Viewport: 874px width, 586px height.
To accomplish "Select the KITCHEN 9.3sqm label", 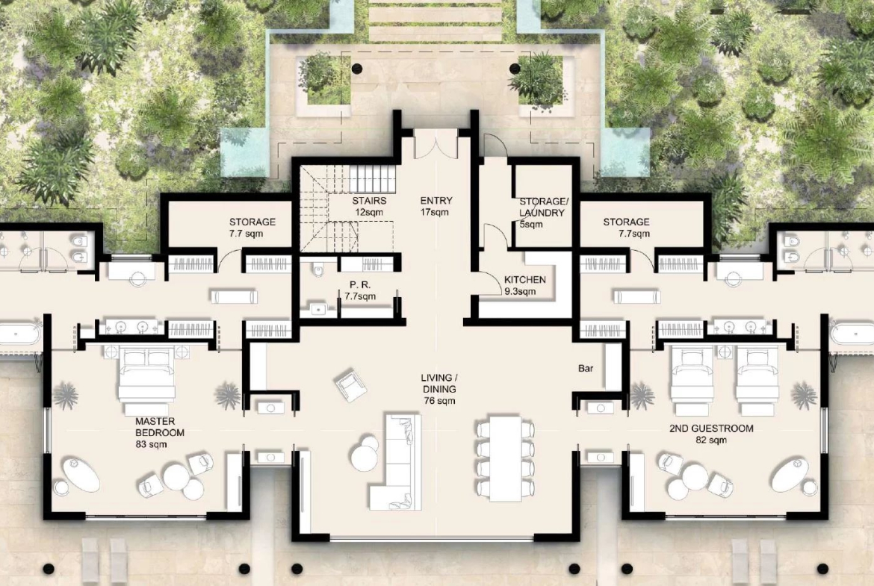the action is click(x=524, y=285).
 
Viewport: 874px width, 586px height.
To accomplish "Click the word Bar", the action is click(x=586, y=368).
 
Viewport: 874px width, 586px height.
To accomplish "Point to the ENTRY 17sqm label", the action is click(x=436, y=206).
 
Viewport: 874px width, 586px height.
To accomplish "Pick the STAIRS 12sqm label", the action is click(x=369, y=206).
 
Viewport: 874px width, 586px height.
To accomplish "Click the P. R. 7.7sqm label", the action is click(x=360, y=290).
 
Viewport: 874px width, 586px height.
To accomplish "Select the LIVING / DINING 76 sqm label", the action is click(x=439, y=389).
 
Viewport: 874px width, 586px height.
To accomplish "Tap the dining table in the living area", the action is click(x=506, y=459).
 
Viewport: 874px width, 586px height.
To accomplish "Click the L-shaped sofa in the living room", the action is click(x=393, y=462).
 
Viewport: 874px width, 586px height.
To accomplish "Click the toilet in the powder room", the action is click(x=318, y=269).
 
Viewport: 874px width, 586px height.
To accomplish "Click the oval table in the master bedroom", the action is click(x=81, y=475).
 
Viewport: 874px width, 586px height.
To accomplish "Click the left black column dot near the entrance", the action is click(x=357, y=69).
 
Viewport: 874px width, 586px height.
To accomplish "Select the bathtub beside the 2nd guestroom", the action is click(x=852, y=335).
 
